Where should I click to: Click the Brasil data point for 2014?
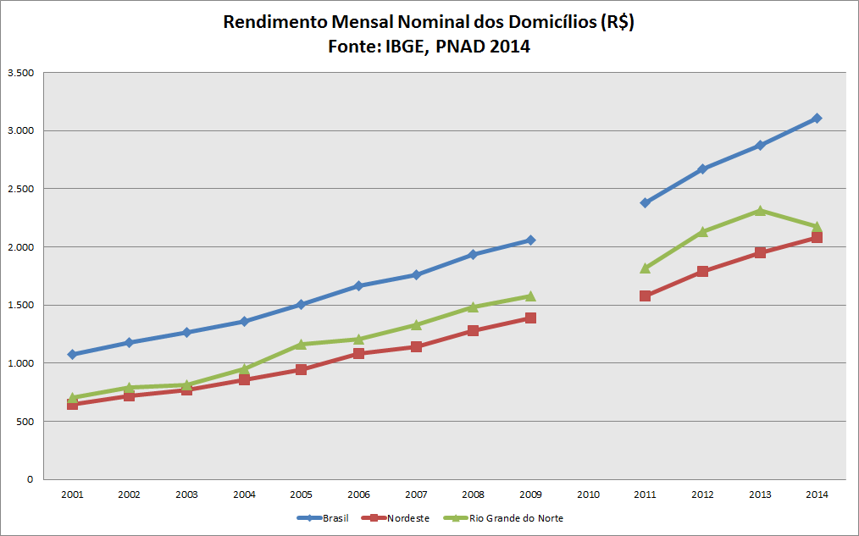point(817,119)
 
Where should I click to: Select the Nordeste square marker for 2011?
point(645,296)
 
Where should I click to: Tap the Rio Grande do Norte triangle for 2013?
point(760,211)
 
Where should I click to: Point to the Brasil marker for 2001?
point(72,354)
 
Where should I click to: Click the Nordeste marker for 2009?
point(530,318)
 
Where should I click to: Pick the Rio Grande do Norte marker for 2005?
point(301,345)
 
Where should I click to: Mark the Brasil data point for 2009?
point(530,240)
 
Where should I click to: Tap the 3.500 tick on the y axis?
point(19,73)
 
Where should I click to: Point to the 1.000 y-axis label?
point(19,363)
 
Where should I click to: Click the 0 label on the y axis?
point(29,479)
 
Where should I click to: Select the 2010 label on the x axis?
point(588,494)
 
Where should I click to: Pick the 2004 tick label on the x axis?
point(244,494)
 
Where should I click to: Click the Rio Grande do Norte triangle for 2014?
point(817,227)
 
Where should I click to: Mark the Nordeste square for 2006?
point(358,353)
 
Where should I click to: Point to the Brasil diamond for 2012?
point(702,169)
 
